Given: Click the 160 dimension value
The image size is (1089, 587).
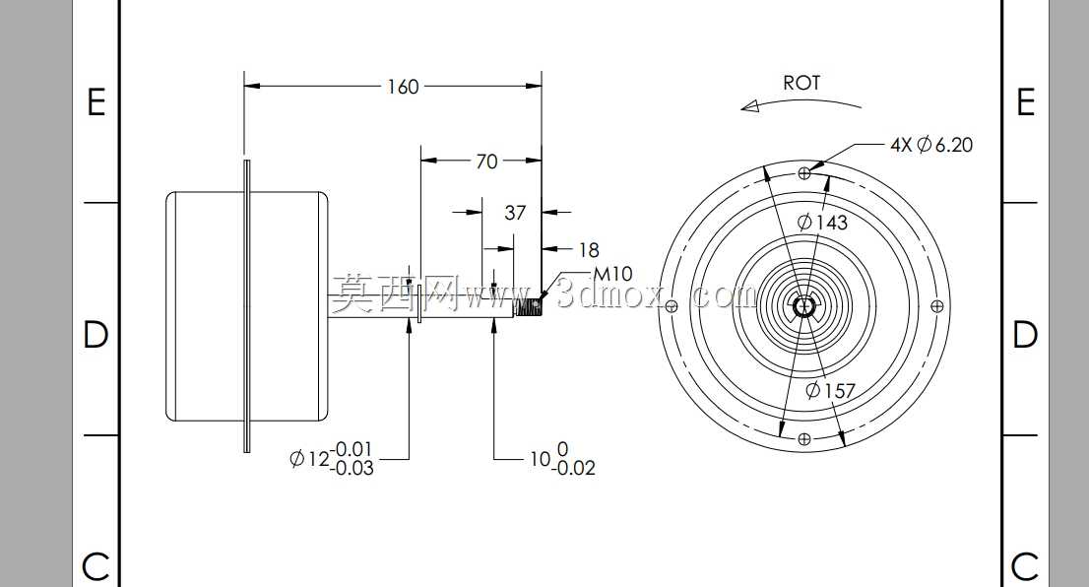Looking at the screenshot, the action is point(403,87).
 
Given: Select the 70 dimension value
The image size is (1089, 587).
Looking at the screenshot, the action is point(486,162).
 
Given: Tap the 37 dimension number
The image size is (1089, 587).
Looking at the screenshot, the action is point(515,213).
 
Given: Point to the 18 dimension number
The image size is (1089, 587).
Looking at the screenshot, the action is point(588,249).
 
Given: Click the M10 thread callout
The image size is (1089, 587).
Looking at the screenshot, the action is point(612,274).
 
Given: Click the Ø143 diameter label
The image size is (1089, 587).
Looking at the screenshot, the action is point(823,223).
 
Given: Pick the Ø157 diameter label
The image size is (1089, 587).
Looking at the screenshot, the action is point(830,390).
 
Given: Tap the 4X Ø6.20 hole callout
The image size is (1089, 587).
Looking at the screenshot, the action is point(931,145).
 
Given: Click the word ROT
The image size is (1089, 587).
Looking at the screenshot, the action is point(801,83).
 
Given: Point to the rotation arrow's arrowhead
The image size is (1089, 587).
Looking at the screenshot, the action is point(750,106).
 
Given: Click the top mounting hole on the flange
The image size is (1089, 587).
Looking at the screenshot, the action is point(804,172).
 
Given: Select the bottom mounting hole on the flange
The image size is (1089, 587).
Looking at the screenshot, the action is point(804,439).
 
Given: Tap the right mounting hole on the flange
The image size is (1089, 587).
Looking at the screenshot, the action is point(937,305).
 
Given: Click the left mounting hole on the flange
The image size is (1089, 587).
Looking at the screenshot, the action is point(671,305).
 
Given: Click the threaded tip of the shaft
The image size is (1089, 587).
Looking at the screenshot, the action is point(528,306).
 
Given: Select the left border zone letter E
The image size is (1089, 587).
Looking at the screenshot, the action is point(96,102).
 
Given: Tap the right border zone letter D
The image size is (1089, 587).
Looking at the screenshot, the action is point(1025,335).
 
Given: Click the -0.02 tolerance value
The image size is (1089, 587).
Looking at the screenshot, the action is point(574,468).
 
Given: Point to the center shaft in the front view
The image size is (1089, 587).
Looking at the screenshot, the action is point(804,305).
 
